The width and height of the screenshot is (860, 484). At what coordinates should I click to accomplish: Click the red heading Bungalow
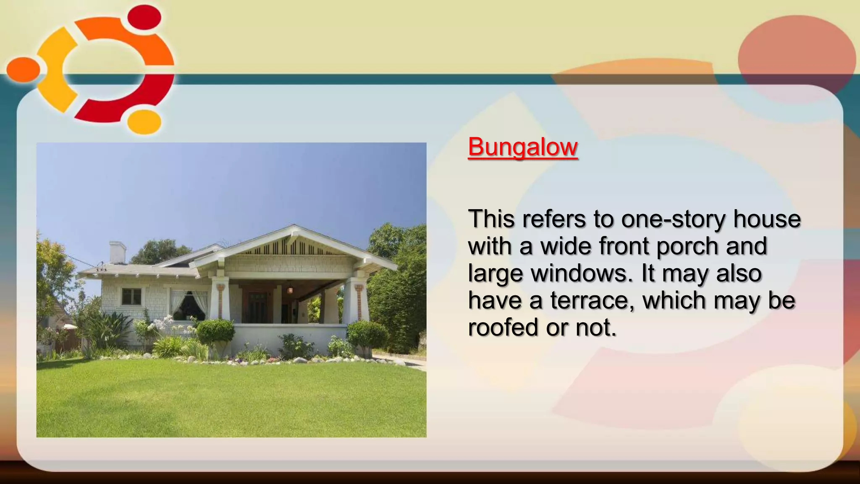[523, 147]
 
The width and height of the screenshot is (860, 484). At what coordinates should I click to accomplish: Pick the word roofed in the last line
[503, 327]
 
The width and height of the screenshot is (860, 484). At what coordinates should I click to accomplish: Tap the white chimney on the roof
[117, 252]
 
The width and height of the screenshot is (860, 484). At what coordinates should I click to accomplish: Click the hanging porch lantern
[290, 289]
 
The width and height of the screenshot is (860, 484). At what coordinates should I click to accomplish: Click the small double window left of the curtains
[131, 297]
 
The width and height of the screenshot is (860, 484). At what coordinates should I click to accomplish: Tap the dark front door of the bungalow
[256, 308]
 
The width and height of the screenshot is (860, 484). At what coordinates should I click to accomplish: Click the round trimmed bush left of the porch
[215, 331]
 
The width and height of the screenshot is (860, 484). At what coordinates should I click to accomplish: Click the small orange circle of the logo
[23, 69]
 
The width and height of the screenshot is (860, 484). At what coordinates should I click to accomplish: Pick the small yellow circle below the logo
[144, 121]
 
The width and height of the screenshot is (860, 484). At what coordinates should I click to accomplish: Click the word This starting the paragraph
[491, 219]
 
